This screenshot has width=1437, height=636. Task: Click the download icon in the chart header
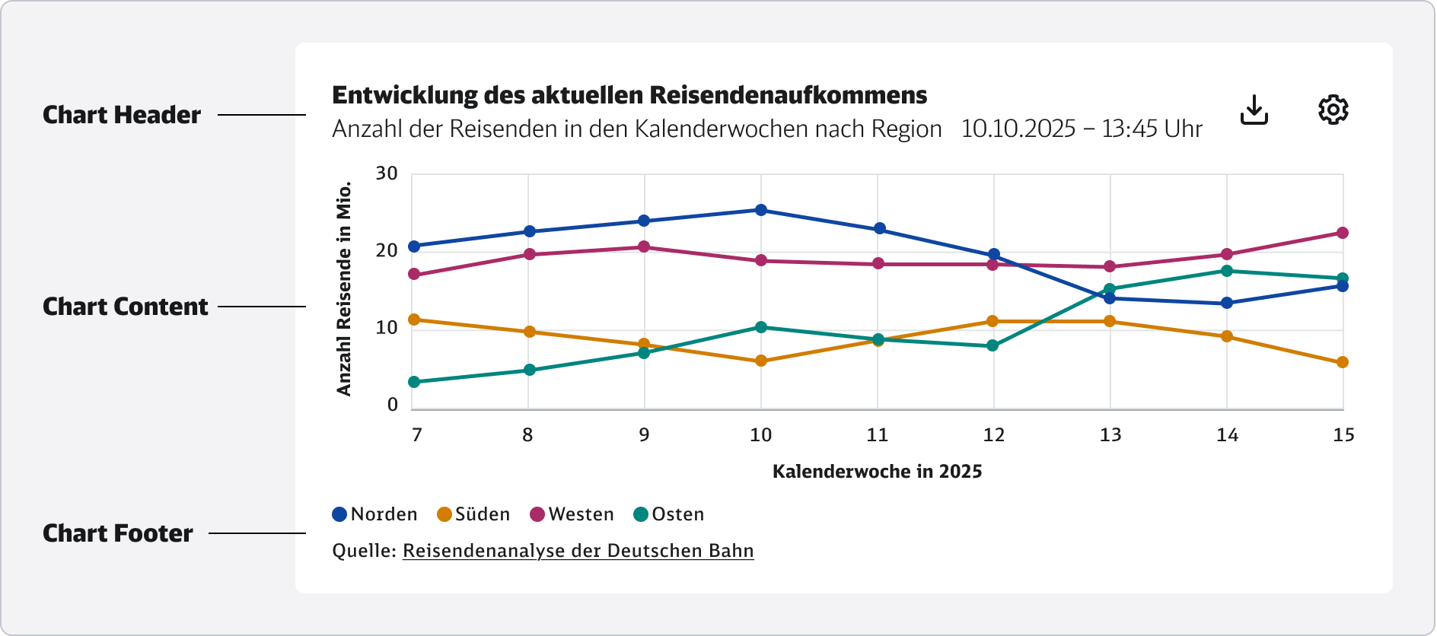pyautogui.click(x=1254, y=110)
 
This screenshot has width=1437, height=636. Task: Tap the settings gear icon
pyautogui.click(x=1333, y=110)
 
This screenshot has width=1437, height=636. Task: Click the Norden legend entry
pyautogui.click(x=375, y=514)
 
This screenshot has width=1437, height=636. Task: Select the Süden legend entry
pyautogui.click(x=473, y=514)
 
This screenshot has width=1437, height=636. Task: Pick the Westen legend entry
pyautogui.click(x=572, y=514)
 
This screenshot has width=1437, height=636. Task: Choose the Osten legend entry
pyautogui.click(x=669, y=514)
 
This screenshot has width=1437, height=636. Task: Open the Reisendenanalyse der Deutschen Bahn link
pyautogui.click(x=578, y=551)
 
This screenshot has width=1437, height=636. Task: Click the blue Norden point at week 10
pyautogui.click(x=761, y=210)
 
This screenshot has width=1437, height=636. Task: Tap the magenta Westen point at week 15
pyautogui.click(x=1343, y=233)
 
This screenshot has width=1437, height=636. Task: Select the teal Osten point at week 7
pyautogui.click(x=414, y=382)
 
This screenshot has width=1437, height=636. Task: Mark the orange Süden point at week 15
pyautogui.click(x=1343, y=362)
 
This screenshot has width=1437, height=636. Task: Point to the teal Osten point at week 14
pyautogui.click(x=1227, y=271)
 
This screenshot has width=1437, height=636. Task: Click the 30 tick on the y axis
pyautogui.click(x=387, y=173)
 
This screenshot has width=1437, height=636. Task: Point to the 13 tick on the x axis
pyautogui.click(x=1110, y=435)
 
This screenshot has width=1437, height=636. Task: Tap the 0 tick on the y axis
pyautogui.click(x=393, y=405)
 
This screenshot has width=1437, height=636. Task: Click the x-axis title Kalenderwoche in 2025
pyautogui.click(x=877, y=472)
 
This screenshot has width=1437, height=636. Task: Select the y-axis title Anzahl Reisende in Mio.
pyautogui.click(x=344, y=288)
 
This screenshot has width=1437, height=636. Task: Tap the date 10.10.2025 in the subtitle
pyautogui.click(x=1018, y=129)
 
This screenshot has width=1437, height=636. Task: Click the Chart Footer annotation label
pyautogui.click(x=118, y=533)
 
